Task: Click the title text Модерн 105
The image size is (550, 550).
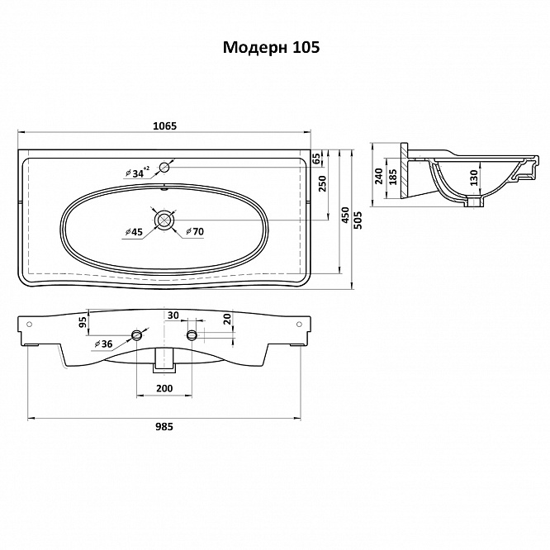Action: [271, 47]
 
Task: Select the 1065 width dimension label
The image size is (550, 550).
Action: [165, 126]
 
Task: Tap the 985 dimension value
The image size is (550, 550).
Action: [164, 426]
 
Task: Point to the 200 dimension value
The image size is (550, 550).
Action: [164, 388]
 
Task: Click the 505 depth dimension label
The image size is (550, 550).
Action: [358, 220]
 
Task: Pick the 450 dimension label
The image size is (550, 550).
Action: [345, 215]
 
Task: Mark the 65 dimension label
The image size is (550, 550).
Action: [316, 159]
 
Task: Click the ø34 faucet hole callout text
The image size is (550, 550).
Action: [137, 173]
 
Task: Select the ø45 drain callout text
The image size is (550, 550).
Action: [134, 232]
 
